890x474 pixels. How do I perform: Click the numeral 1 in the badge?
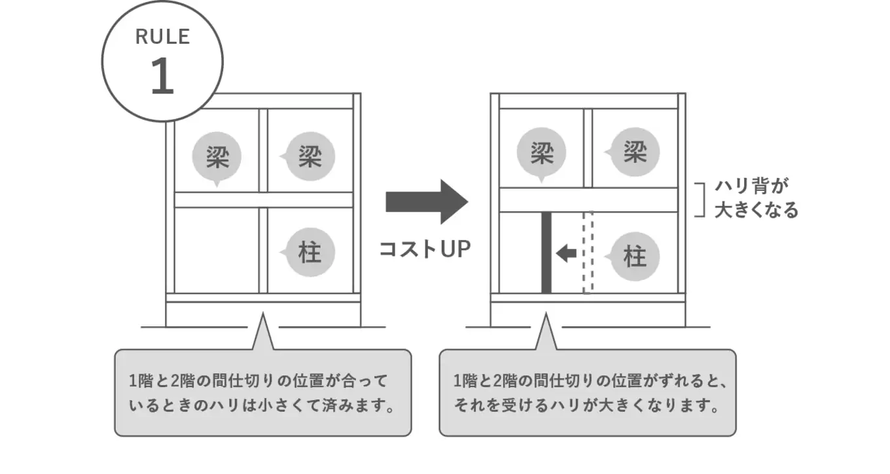[162, 77]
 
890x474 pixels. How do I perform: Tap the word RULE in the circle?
[162, 37]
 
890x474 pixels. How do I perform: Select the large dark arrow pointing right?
[426, 201]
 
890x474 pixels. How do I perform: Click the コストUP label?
[425, 249]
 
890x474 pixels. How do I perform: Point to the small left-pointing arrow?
[566, 253]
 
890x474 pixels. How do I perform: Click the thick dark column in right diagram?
[546, 253]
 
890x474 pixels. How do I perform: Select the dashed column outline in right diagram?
[587, 253]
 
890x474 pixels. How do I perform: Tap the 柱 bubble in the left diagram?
[310, 252]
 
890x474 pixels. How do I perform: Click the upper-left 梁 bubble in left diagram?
[217, 158]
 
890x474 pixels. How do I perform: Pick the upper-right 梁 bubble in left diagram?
[310, 157]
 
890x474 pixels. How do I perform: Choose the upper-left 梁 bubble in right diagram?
[541, 154]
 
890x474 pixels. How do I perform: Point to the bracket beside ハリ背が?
[702, 199]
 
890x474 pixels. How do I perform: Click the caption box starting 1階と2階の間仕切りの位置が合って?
[263, 392]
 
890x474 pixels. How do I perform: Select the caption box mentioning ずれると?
[587, 392]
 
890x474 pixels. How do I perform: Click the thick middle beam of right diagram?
[588, 200]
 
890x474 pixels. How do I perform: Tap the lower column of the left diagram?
[263, 250]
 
